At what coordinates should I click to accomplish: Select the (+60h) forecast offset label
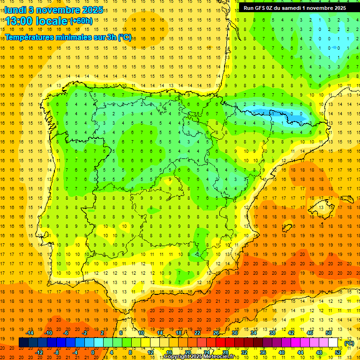(81, 21)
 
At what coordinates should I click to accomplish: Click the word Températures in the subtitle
(28, 37)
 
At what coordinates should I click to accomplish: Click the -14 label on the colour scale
(30, 333)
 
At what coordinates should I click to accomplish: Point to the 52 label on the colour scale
(338, 352)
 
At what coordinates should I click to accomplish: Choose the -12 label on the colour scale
(39, 352)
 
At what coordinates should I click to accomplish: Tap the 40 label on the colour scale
(281, 352)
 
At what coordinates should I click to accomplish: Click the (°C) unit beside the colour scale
(349, 343)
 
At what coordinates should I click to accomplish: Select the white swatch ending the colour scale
(333, 343)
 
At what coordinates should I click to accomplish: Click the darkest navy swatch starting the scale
(23, 343)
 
